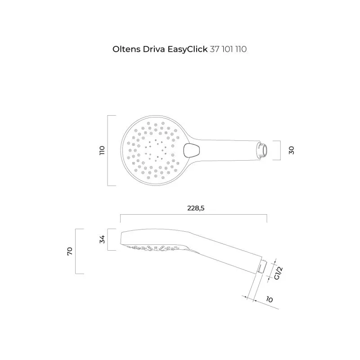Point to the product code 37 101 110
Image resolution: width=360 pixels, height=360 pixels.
pyautogui.click(x=228, y=49)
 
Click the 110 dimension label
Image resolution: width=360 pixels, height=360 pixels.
pyautogui.click(x=102, y=150)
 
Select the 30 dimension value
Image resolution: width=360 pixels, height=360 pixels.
pyautogui.click(x=292, y=150)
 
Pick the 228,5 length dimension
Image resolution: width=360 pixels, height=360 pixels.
pyautogui.click(x=193, y=208)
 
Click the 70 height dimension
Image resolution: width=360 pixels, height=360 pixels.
pyautogui.click(x=70, y=251)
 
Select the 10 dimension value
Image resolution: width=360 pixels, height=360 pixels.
pyautogui.click(x=270, y=299)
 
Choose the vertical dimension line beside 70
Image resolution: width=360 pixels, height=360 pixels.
pyautogui.click(x=76, y=251)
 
